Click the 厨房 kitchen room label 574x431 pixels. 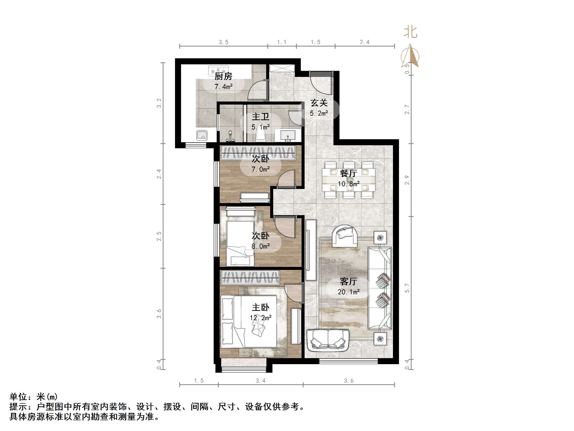223,76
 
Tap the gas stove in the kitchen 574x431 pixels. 218,70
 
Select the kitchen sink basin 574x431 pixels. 202,135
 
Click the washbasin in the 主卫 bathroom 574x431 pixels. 288,135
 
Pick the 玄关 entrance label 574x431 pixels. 319,103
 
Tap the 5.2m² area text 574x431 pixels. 319,113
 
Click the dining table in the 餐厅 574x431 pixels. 349,179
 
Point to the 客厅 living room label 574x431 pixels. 349,281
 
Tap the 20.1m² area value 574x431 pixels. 349,292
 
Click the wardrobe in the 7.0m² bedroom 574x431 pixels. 258,153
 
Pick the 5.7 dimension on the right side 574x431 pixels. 407,288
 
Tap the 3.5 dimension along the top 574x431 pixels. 223,42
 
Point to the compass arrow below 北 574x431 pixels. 410,56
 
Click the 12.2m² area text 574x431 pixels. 261,318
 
